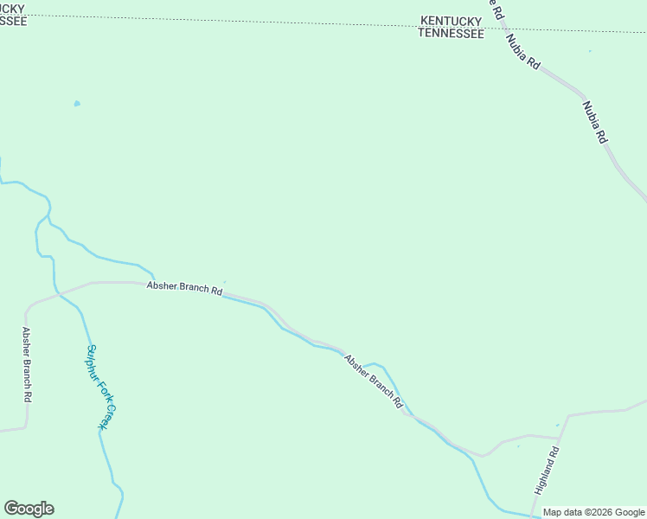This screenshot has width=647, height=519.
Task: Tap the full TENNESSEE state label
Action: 451,33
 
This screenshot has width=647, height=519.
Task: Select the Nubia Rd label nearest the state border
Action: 522,51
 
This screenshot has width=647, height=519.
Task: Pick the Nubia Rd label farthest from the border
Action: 595,122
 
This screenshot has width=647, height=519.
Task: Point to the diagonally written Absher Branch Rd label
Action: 374,381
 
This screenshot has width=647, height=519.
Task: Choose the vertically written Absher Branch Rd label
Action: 28,363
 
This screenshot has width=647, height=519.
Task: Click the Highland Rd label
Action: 548,470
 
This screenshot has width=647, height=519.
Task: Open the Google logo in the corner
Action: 29,509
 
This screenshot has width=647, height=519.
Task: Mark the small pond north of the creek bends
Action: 77,104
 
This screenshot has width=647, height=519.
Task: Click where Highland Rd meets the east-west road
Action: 567,415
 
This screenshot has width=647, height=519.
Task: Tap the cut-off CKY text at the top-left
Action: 14,9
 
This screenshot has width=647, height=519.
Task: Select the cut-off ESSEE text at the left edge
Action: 13,21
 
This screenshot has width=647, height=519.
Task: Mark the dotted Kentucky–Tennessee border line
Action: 259,22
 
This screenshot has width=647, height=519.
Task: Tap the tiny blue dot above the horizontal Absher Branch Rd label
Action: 225,281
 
